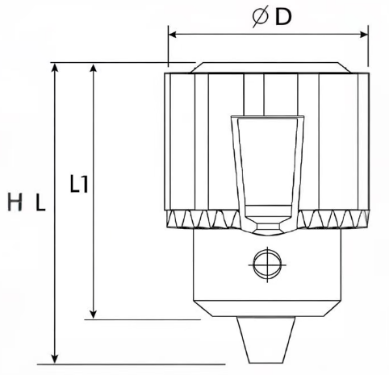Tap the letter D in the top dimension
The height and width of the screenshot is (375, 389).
tap(282, 17)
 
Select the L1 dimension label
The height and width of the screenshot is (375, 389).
tap(79, 185)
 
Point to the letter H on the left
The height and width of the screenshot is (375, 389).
tap(15, 204)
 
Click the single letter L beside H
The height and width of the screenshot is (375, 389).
tap(40, 204)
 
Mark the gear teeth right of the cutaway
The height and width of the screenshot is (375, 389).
tap(334, 219)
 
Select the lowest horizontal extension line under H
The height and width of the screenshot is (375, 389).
tap(121, 363)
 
